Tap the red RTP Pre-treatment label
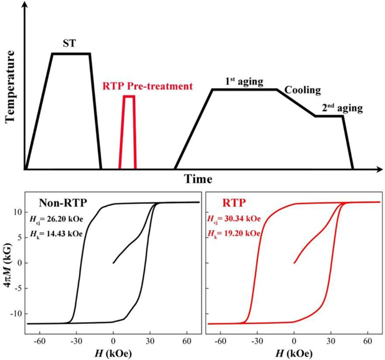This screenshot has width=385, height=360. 148,87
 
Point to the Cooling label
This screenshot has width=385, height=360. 303,90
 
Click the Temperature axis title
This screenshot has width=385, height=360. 10,87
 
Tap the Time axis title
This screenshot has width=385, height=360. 198,179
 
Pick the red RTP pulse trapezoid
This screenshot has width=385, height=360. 128,132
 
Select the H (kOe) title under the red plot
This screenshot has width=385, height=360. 294,353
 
